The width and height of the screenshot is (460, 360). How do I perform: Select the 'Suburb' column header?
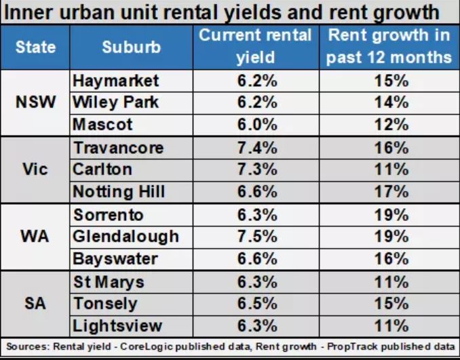[132, 47]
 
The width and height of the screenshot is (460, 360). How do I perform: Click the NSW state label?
[35, 103]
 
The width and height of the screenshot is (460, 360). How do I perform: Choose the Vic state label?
[35, 169]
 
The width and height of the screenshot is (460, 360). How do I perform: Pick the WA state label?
[35, 237]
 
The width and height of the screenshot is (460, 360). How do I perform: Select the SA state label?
[35, 303]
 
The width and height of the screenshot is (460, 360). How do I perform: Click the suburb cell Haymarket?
[115, 81]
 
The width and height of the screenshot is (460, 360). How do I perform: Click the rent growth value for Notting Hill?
[390, 192]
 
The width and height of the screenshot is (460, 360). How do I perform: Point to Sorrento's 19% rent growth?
[390, 214]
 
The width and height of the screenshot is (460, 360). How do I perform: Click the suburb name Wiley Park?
[115, 103]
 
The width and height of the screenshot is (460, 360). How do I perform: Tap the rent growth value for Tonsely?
[390, 303]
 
